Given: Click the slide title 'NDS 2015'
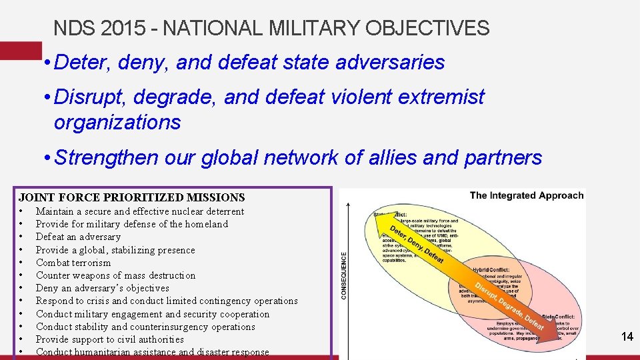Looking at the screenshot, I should tap(100, 28).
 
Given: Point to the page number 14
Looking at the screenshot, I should tap(627, 337).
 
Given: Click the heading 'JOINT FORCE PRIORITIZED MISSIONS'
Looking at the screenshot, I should tap(132, 197).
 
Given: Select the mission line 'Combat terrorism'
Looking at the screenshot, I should tap(73, 263).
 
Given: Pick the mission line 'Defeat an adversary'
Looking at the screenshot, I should tap(78, 237).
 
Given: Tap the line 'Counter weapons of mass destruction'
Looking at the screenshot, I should tap(115, 275).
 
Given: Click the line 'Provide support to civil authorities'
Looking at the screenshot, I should tap(109, 339).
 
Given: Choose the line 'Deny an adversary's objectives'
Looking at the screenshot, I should tap(102, 288).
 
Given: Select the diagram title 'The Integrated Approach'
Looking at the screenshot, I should tap(526, 195).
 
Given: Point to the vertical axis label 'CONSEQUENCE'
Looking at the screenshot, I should tap(344, 275).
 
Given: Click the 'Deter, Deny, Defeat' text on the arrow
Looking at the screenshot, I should tap(415, 244).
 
